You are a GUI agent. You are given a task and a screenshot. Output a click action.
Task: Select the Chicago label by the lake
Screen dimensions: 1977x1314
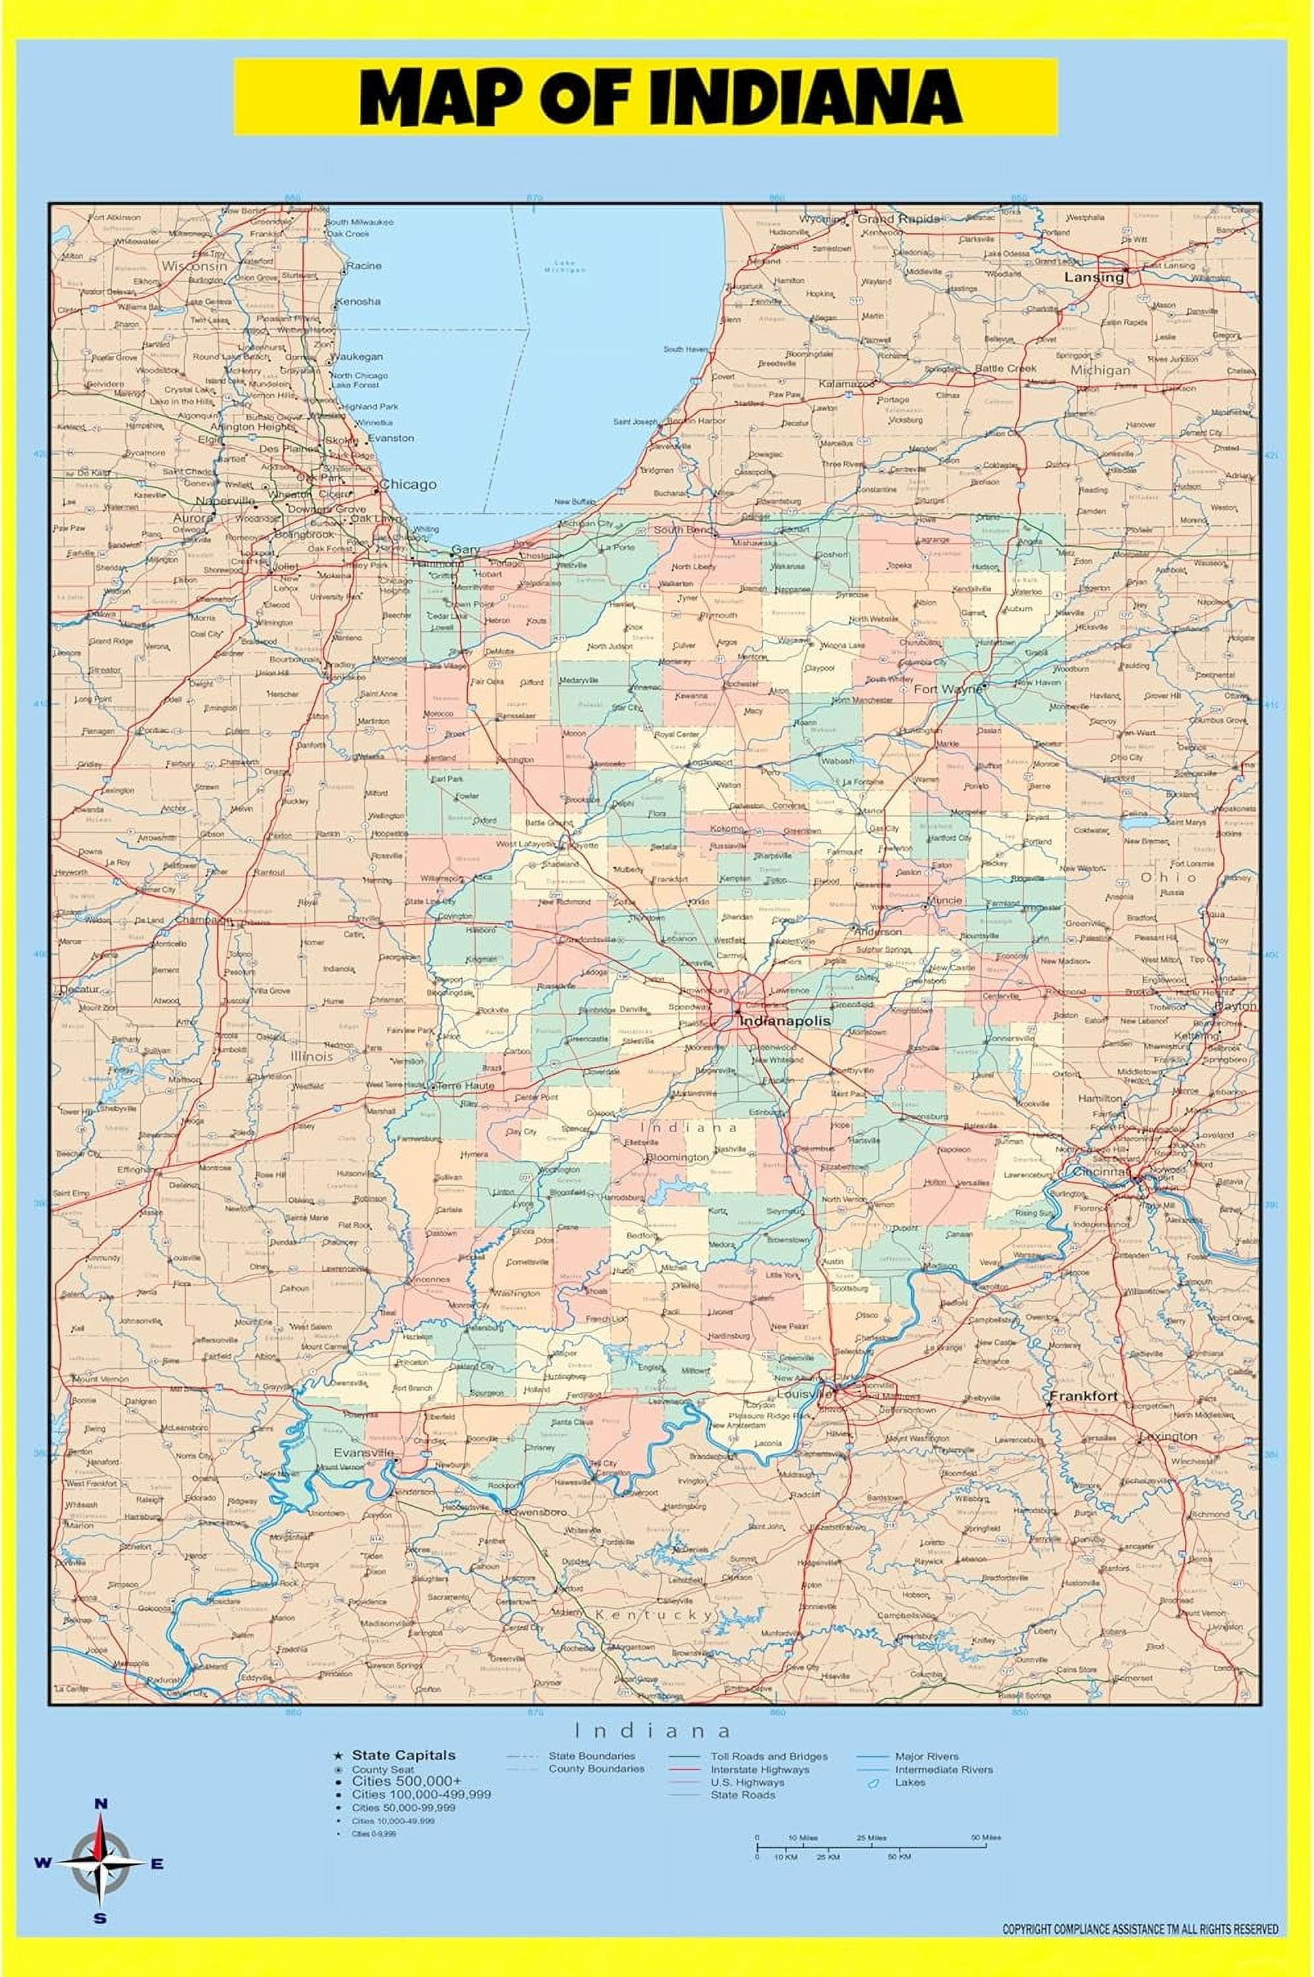click(x=408, y=484)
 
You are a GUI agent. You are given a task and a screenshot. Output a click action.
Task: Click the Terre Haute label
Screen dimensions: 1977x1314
click(x=463, y=1085)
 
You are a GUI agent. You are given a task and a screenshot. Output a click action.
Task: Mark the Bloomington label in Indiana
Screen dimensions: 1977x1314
click(x=677, y=1157)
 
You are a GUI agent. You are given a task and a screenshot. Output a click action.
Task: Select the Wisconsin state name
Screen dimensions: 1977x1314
click(x=194, y=266)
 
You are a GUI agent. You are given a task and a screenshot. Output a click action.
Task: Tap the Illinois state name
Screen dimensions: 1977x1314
click(x=312, y=1057)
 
